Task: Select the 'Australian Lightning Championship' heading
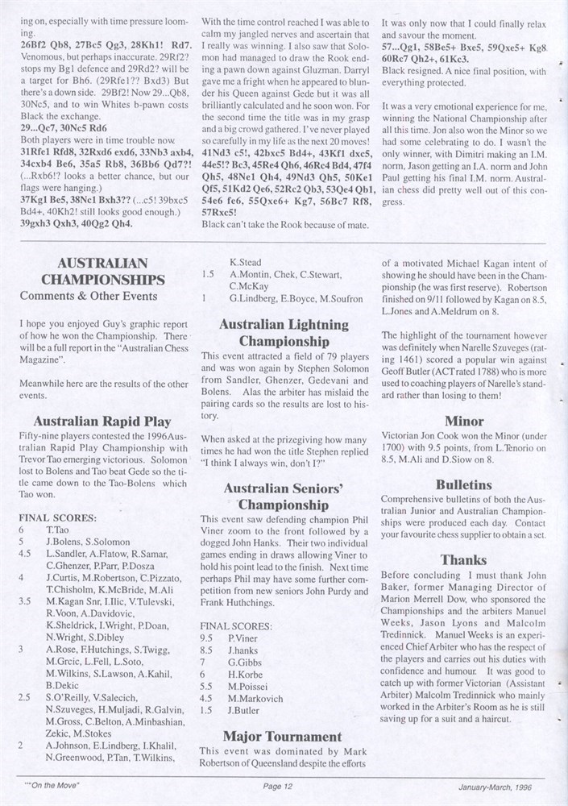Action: pyautogui.click(x=284, y=333)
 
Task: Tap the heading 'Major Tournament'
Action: pyautogui.click(x=283, y=736)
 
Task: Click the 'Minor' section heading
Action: pyautogui.click(x=464, y=420)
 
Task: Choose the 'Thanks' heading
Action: pyautogui.click(x=464, y=559)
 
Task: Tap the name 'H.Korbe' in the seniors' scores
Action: pyautogui.click(x=246, y=673)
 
